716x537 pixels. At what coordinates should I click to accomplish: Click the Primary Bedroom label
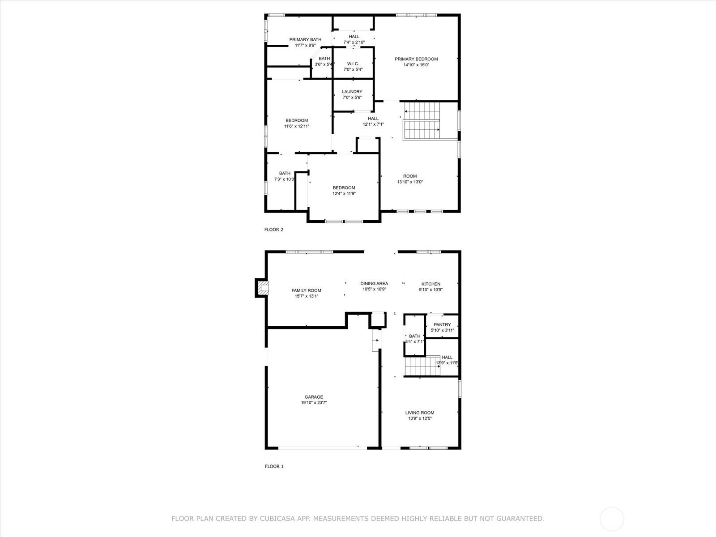click(416, 59)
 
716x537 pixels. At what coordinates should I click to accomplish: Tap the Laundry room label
click(352, 92)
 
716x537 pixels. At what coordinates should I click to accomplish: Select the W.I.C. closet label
click(353, 64)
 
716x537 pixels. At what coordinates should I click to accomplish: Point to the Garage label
click(314, 397)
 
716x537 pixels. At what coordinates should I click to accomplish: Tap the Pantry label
click(442, 324)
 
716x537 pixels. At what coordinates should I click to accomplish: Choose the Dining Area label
click(374, 283)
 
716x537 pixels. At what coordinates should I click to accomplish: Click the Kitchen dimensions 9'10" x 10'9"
click(430, 290)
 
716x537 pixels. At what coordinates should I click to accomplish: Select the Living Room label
click(420, 413)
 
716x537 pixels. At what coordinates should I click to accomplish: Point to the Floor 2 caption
click(274, 230)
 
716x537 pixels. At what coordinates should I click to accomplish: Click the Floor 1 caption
click(274, 466)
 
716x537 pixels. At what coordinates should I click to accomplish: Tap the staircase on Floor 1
click(422, 366)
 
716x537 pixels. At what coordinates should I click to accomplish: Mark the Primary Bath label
click(305, 39)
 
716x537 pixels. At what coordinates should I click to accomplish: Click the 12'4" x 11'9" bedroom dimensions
click(344, 193)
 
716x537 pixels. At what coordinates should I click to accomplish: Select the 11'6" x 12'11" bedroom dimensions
click(297, 126)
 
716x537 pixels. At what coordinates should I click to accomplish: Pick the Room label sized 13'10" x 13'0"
click(410, 176)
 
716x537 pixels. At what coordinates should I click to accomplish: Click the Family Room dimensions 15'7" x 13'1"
click(306, 296)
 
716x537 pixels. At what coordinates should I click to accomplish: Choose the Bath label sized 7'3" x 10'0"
click(285, 173)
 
